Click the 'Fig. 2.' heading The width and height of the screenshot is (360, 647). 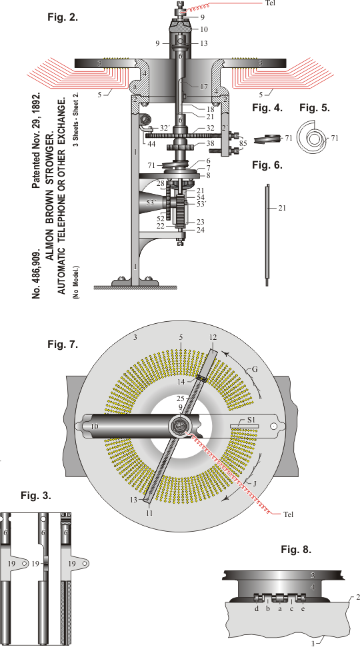click(63, 17)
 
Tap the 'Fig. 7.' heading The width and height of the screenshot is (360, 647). click(63, 344)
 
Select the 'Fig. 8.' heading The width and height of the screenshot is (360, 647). click(296, 549)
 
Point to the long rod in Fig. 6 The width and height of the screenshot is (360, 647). click(267, 235)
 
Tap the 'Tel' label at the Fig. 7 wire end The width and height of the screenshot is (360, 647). click(289, 514)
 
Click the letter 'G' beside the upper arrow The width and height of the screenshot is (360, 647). click(255, 369)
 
